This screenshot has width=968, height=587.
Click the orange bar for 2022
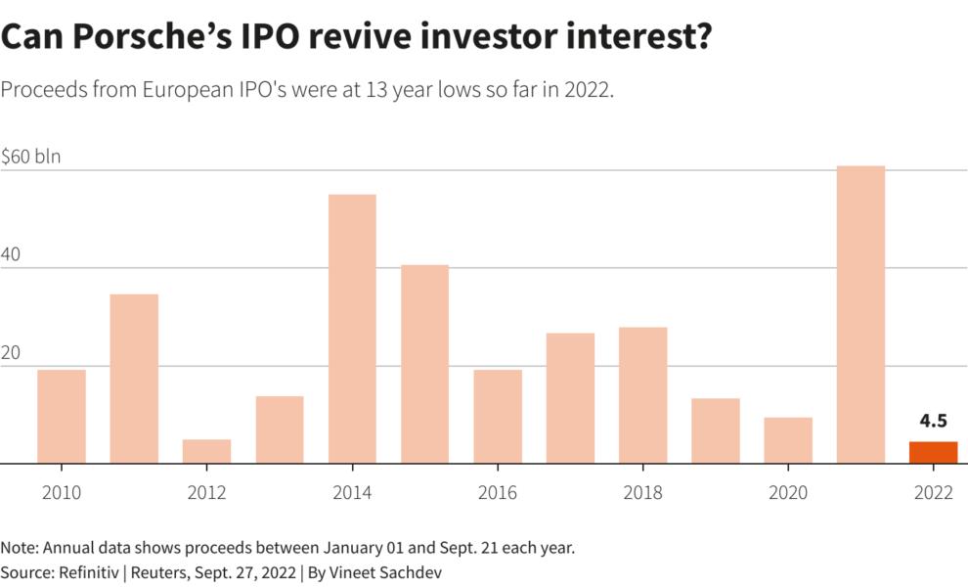(x=933, y=453)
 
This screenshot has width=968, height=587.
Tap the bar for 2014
(x=352, y=329)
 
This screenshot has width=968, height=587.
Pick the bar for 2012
(x=206, y=451)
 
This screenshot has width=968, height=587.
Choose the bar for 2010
(x=62, y=417)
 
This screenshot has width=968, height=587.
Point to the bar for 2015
(x=424, y=364)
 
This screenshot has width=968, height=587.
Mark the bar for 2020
(x=788, y=440)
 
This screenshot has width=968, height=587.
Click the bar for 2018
(x=642, y=395)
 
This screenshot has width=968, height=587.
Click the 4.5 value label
(x=933, y=422)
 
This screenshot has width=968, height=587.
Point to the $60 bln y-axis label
(x=31, y=156)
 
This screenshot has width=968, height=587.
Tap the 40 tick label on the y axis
(x=12, y=252)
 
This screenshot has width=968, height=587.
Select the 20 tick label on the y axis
(x=12, y=350)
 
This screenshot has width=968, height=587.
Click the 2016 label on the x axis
(x=497, y=492)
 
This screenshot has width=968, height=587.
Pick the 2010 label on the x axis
(x=62, y=492)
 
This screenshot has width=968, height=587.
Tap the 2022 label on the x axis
(x=933, y=492)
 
